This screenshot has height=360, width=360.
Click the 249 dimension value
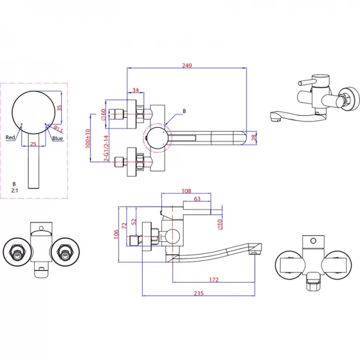point(187,65)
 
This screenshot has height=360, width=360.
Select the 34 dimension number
point(136,90)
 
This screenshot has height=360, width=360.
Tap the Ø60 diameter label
point(103,115)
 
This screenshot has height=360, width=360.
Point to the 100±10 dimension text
point(88,139)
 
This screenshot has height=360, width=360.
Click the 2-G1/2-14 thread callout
point(106,148)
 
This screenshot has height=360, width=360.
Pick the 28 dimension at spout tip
point(253,137)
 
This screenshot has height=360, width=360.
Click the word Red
point(10,137)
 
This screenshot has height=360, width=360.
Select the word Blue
point(58,138)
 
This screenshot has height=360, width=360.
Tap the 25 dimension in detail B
point(33,144)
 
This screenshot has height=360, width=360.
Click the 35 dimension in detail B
point(59,107)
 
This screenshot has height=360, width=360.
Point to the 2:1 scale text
point(14,190)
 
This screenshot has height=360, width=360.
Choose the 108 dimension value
point(186,191)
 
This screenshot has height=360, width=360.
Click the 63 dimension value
point(197,199)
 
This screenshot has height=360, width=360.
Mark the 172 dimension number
point(214,280)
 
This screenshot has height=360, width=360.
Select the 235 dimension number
point(199,293)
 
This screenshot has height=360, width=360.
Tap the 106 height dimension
point(116,234)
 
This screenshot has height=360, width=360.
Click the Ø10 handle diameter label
point(220,224)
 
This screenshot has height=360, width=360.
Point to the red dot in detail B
point(22,124)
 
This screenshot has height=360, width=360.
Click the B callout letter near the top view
point(184,111)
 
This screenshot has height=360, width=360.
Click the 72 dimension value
point(124,226)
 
